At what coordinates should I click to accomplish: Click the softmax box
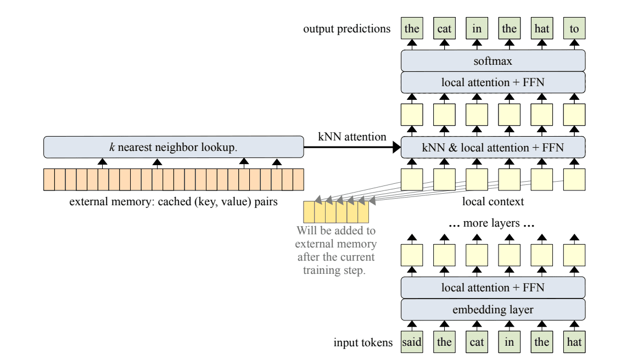pyautogui.click(x=493, y=60)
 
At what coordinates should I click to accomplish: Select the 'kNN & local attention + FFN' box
pyautogui.click(x=493, y=147)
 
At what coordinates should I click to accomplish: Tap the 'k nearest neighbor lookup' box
pyautogui.click(x=174, y=147)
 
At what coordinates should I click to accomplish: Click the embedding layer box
pyautogui.click(x=493, y=310)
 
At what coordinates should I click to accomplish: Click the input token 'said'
pyautogui.click(x=412, y=342)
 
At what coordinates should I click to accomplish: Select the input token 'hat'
pyautogui.click(x=574, y=342)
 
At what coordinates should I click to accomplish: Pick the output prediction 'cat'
pyautogui.click(x=444, y=29)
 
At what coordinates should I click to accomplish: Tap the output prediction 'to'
pyautogui.click(x=574, y=29)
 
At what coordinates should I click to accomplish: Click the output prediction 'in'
pyautogui.click(x=477, y=29)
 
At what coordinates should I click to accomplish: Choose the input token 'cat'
pyautogui.click(x=477, y=342)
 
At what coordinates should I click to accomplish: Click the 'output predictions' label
pyautogui.click(x=346, y=29)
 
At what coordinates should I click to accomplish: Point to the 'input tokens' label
pyautogui.click(x=363, y=343)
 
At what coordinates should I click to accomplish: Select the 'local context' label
pyautogui.click(x=493, y=201)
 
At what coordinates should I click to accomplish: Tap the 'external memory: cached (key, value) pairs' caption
pyautogui.click(x=174, y=201)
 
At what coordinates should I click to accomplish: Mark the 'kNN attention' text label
pyautogui.click(x=352, y=137)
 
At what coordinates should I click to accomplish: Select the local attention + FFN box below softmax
pyautogui.click(x=493, y=82)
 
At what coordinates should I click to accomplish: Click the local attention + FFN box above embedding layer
pyautogui.click(x=493, y=288)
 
